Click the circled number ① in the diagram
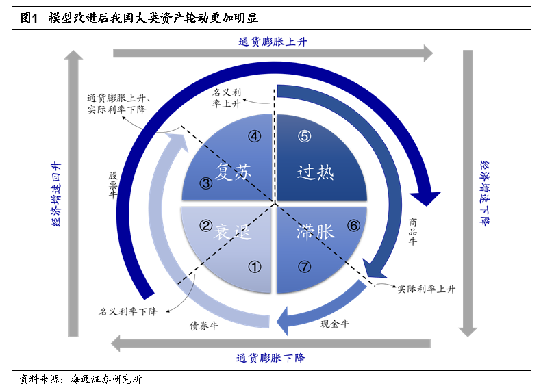pos(254,267)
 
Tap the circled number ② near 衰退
pos(205,225)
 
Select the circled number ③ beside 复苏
pos(205,183)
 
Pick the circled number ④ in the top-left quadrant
pos(254,136)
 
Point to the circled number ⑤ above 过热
pos(304,136)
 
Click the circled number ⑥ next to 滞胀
pos(353,225)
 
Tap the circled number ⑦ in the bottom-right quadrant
pos(304,267)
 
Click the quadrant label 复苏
pos(234,171)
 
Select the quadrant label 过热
pos(316,171)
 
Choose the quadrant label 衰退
pos(234,232)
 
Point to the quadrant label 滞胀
pos(316,232)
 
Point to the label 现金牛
pos(335,324)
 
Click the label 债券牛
pos(204,326)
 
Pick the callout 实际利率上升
pos(427,289)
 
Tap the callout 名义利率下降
pos(128,312)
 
